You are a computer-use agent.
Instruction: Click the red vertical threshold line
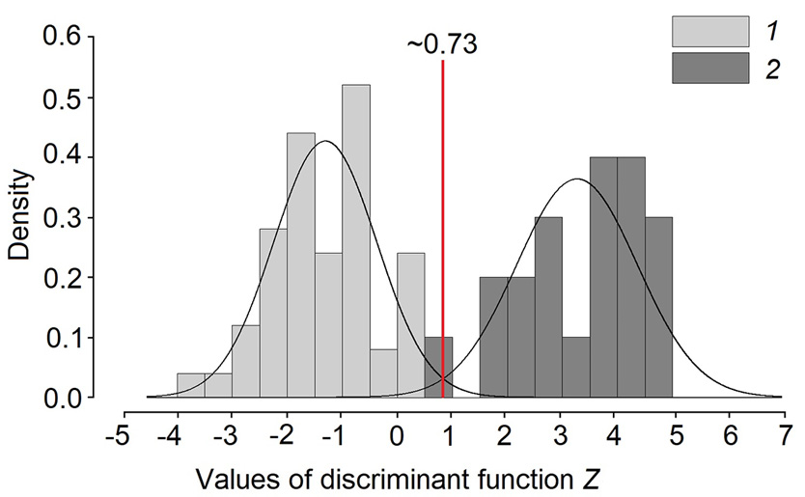coord(443,232)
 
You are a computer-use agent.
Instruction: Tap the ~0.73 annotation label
coord(442,45)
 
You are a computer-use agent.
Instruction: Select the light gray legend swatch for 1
coord(710,31)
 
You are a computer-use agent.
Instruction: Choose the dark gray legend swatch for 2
coord(710,69)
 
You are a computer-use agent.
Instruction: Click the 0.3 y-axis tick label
coord(67,218)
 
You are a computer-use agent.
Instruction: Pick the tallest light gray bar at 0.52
coord(356,241)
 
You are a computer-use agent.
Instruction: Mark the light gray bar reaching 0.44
coord(301,265)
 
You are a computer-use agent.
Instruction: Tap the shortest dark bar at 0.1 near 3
coord(575,368)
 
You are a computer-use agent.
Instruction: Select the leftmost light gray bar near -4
coord(190,386)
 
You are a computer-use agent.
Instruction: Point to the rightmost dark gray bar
coord(658,309)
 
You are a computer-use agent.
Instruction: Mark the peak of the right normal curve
coord(577,179)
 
